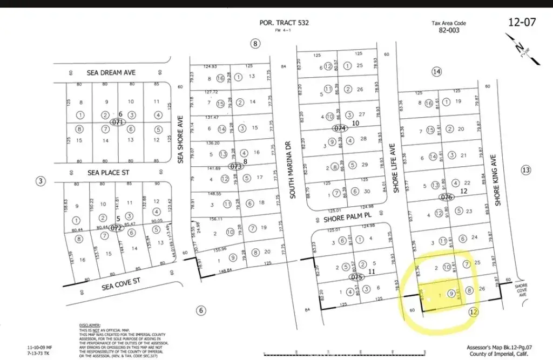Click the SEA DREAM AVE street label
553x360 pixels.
coord(111,72)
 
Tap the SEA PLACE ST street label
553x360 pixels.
coord(110,173)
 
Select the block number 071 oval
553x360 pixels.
coord(117,123)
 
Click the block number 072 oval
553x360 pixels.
coord(116,228)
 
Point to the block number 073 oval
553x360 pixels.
coord(236,167)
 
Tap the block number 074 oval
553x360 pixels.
coord(340,128)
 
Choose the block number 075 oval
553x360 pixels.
coord(355,277)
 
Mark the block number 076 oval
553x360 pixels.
coord(446,197)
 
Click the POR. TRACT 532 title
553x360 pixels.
coord(285,23)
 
